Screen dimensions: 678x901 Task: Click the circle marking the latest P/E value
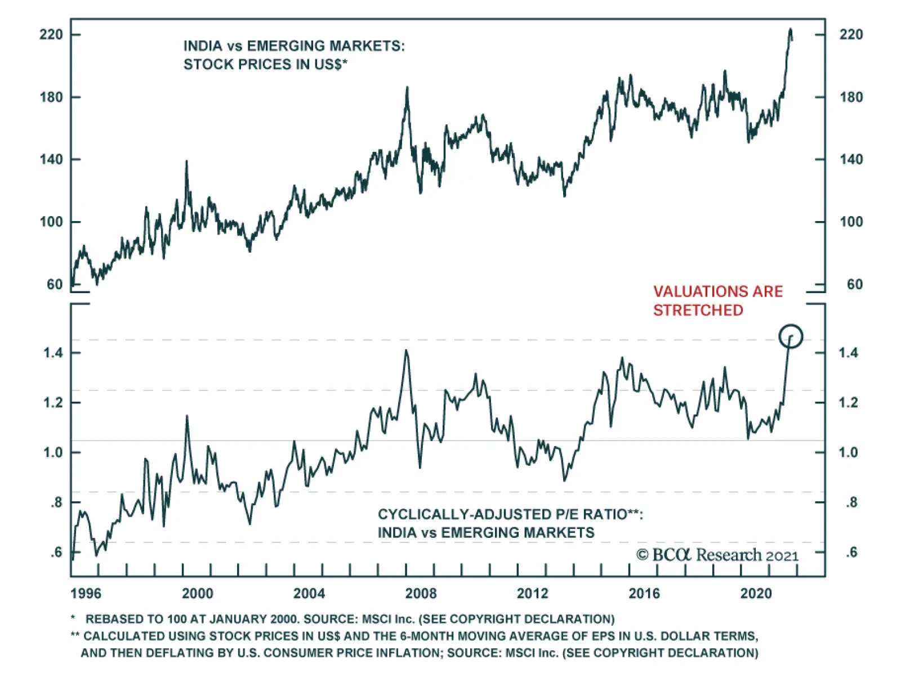tap(791, 336)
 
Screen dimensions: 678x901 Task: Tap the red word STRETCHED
tap(698, 310)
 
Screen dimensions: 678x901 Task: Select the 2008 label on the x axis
tap(421, 594)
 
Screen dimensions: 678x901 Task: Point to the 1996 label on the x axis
tap(86, 594)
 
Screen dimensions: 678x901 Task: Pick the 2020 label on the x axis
tap(756, 594)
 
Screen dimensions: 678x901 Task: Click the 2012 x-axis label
tap(532, 594)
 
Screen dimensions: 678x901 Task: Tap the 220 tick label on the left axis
tap(51, 35)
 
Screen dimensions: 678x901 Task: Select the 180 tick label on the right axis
tap(850, 97)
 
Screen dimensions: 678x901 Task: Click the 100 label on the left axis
tap(51, 222)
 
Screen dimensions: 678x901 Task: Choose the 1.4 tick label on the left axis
tap(53, 353)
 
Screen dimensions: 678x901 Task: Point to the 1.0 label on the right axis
tap(848, 452)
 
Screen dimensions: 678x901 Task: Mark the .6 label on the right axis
tap(851, 553)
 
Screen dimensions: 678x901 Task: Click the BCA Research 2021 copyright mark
tap(717, 555)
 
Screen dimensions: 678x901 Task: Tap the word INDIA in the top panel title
tap(203, 46)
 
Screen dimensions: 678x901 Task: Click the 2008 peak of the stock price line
tap(407, 88)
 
